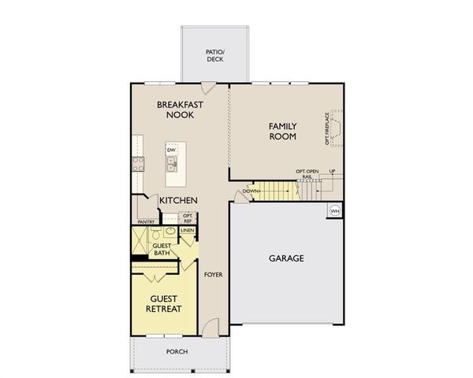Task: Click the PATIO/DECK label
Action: pos(215,55)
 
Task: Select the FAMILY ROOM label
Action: pos(282,131)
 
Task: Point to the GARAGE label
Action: pos(285,258)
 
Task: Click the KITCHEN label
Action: pos(178,201)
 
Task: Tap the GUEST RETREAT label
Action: pos(164,303)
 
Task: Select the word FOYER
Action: pos(212,275)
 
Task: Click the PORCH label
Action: pos(177,351)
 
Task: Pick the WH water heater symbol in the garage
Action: pos(334,210)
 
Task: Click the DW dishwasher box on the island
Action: pos(170,150)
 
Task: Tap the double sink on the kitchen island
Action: pos(170,163)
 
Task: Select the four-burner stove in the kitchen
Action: pos(138,164)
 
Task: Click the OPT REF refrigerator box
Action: pos(188,218)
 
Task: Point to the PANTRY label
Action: pos(146,222)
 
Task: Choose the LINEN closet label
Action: pos(187,231)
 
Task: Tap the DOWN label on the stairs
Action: pos(251,191)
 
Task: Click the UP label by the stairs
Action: pos(332,171)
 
